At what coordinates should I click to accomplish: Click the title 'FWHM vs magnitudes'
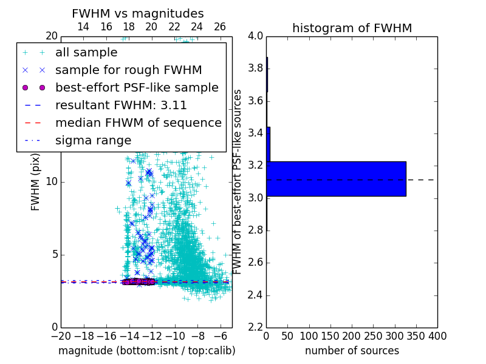click(138, 13)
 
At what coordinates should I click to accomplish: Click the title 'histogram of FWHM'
click(352, 28)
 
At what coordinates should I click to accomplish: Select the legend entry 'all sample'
click(86, 53)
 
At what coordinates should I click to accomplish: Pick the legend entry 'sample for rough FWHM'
click(128, 70)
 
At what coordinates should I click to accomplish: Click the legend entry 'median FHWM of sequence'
click(138, 123)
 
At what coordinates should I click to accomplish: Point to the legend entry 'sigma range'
click(93, 140)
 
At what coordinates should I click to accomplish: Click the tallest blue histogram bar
click(336, 179)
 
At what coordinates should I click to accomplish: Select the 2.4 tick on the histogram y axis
click(255, 295)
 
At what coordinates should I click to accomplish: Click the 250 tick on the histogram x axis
click(373, 335)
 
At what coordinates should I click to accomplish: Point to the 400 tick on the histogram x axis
click(437, 335)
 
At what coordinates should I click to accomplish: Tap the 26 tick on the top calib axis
click(220, 27)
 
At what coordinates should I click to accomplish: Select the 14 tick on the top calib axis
click(83, 27)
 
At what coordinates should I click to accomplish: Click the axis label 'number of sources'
click(352, 351)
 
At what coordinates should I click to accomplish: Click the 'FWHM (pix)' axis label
click(36, 182)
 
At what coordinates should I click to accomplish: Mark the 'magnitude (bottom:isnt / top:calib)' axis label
click(146, 351)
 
